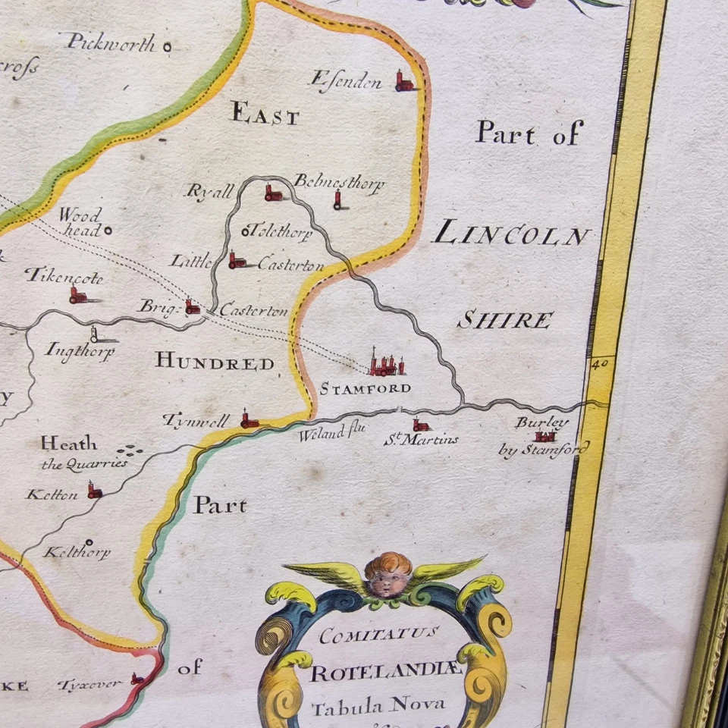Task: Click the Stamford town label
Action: [365, 389]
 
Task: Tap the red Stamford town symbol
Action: [386, 366]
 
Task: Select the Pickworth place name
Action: [111, 42]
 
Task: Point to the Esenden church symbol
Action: [403, 80]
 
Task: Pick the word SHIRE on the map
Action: [504, 320]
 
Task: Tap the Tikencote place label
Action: [64, 276]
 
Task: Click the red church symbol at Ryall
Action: [272, 193]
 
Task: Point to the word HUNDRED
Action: [215, 362]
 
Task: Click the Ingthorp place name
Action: [80, 351]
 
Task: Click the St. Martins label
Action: [429, 439]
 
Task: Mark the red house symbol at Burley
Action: [544, 436]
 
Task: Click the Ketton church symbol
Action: [93, 491]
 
